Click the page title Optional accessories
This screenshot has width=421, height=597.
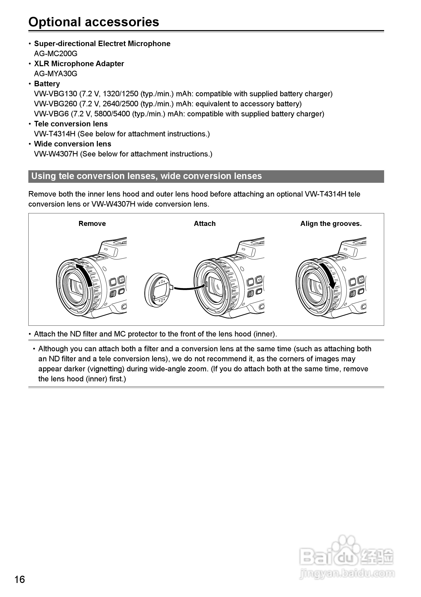[94, 22]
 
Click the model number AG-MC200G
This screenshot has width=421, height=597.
[56, 54]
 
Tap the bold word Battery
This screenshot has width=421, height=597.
[47, 84]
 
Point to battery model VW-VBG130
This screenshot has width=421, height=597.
[55, 94]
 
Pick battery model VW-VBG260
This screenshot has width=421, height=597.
[55, 104]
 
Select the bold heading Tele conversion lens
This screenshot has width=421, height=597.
[71, 124]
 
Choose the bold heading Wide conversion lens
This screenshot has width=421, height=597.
[73, 144]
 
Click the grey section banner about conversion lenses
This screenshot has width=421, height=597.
[206, 176]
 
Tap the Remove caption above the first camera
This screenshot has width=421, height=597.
[92, 224]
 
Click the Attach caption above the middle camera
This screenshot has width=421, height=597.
[204, 224]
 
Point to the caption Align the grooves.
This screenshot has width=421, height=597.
[331, 224]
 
